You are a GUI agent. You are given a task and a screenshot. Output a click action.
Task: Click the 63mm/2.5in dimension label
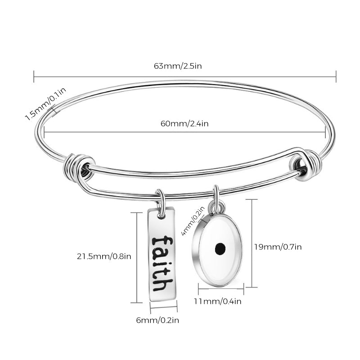[x=178, y=66]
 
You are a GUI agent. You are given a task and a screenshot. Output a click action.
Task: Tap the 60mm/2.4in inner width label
[x=184, y=124]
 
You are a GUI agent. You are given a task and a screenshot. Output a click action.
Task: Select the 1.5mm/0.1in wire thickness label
[x=45, y=104]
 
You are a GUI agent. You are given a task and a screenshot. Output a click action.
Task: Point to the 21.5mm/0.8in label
[x=104, y=256]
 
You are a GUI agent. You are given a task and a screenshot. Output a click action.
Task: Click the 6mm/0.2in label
[x=157, y=320]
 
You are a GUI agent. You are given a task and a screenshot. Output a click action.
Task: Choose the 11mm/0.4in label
[x=218, y=301]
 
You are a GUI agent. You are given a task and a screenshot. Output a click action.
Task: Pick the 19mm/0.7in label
[x=278, y=247]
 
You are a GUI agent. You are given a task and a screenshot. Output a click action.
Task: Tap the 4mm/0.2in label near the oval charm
[x=193, y=221]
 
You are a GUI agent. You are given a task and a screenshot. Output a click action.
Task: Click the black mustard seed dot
[x=220, y=248]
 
